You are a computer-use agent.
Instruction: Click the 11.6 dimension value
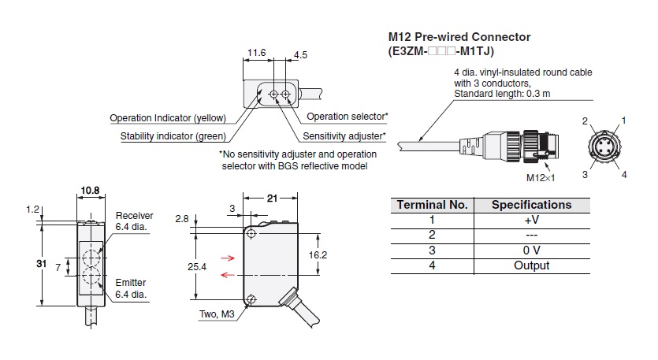255,53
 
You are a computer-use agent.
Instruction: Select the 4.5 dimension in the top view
300,55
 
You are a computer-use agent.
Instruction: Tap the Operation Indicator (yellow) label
168,118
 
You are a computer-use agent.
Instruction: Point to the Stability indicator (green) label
173,136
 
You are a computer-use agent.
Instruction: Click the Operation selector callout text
348,117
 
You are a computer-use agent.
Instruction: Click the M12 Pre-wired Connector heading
459,37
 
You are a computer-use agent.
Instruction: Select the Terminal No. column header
432,205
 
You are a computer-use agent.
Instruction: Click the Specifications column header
531,205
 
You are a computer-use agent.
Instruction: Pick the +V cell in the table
531,220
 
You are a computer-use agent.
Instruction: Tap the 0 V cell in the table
531,251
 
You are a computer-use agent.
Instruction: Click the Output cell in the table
531,265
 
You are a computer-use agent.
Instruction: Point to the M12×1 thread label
541,178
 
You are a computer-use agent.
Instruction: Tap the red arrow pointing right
229,257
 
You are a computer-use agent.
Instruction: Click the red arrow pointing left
229,275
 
